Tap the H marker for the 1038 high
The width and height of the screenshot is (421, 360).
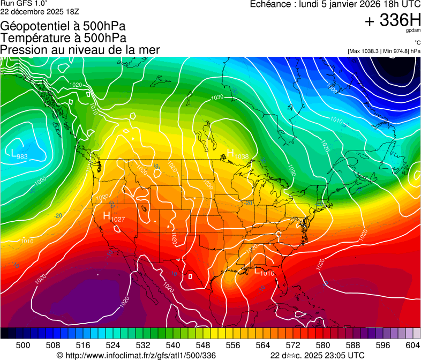(x=231, y=153)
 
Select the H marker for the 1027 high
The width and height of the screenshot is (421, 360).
(x=107, y=216)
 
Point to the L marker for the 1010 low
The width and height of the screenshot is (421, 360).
(x=257, y=271)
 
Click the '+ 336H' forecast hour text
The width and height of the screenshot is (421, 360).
(x=393, y=21)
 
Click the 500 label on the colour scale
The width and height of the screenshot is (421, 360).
(x=23, y=345)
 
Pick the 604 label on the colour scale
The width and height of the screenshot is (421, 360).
(x=413, y=345)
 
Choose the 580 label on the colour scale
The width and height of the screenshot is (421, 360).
(x=322, y=345)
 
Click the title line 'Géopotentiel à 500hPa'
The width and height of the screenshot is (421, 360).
(x=63, y=26)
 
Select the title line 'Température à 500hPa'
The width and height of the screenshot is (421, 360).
(x=63, y=38)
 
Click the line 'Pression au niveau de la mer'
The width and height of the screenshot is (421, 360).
(x=80, y=50)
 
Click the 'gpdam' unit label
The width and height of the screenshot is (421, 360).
(x=414, y=31)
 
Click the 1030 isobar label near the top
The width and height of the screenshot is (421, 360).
(x=217, y=97)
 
